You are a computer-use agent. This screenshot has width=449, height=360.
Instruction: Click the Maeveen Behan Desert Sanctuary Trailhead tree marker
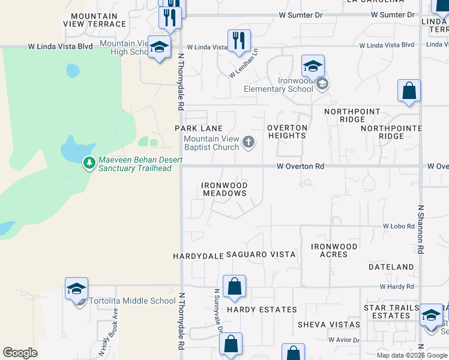point(89,163)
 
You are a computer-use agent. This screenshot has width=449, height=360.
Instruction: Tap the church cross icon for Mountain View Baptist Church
point(249,143)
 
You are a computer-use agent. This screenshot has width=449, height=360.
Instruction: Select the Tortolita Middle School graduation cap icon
point(77,289)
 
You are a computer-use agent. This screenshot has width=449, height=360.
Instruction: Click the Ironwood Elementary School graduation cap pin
point(313,66)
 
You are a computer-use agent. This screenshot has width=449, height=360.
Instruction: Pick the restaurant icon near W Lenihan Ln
point(240,41)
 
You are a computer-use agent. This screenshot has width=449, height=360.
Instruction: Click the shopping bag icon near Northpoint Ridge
point(409,91)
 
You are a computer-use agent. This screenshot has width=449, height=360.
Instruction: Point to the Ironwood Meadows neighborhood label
point(224,190)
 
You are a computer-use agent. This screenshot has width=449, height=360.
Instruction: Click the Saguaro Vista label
point(261,255)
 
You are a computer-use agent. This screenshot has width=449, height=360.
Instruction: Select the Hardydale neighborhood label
point(197,256)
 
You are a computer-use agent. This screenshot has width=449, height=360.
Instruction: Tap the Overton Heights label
point(287,132)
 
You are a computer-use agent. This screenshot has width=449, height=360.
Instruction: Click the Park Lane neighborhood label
point(199,128)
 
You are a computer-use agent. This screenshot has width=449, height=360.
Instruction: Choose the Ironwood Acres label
point(334,251)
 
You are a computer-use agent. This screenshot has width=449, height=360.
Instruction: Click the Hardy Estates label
point(262,310)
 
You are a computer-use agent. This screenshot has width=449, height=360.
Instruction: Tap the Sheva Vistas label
point(329,325)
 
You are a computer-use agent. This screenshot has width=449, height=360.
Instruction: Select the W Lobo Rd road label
point(399,226)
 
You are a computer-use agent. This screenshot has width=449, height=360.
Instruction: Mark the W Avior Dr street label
point(344,340)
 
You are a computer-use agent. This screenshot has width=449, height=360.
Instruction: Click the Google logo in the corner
point(20,353)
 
